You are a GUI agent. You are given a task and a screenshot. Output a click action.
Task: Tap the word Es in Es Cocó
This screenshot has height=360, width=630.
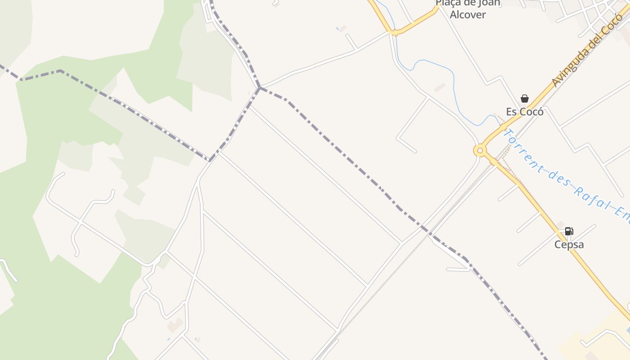512,112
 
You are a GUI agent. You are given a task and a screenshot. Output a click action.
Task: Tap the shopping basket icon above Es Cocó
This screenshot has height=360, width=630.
525,98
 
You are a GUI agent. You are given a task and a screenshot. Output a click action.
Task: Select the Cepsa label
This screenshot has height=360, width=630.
569,244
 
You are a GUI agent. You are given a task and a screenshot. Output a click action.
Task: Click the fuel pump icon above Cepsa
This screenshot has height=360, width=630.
569,231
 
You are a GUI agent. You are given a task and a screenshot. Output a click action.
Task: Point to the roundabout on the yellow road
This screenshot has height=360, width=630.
480,150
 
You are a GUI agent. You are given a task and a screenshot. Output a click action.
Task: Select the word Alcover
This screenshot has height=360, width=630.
468,14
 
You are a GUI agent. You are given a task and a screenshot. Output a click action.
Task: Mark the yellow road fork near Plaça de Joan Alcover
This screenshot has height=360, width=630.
394,32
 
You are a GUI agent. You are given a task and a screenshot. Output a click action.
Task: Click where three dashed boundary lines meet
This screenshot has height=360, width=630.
259,87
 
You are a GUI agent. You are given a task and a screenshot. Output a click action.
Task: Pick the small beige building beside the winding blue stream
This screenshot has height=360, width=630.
440,87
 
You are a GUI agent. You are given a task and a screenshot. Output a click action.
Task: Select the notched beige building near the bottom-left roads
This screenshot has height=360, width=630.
175,325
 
